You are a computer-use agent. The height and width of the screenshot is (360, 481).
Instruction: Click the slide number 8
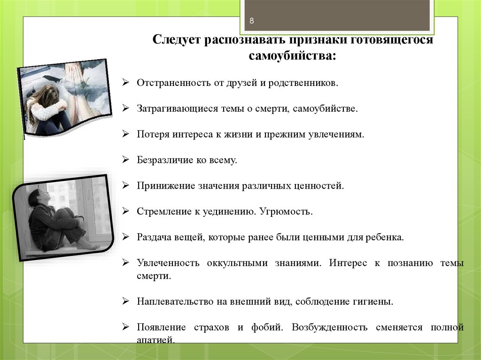pyautogui.click(x=252, y=21)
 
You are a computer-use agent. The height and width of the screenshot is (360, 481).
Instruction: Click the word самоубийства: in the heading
pyautogui.click(x=292, y=56)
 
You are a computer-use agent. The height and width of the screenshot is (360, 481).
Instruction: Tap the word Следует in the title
pyautogui.click(x=177, y=40)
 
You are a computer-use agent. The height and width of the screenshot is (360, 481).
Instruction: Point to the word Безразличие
pyautogui.click(x=165, y=160)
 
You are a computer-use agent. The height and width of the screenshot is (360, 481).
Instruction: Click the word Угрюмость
pyautogui.click(x=286, y=212)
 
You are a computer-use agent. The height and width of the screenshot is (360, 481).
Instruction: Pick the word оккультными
pyautogui.click(x=237, y=263)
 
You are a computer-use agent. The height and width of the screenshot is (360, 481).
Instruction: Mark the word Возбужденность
pyautogui.click(x=329, y=328)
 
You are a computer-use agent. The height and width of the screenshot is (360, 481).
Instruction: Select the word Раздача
pyautogui.click(x=154, y=237)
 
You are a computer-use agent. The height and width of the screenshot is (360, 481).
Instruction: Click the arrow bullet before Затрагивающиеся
pyautogui.click(x=125, y=108)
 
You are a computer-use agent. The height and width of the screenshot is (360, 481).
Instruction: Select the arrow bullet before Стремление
pyautogui.click(x=125, y=211)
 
